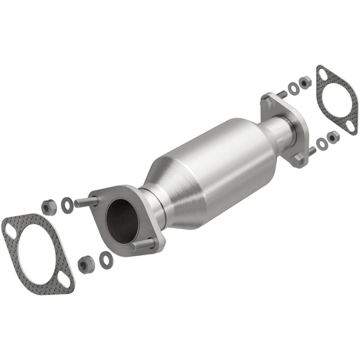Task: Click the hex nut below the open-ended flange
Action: [85, 264]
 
